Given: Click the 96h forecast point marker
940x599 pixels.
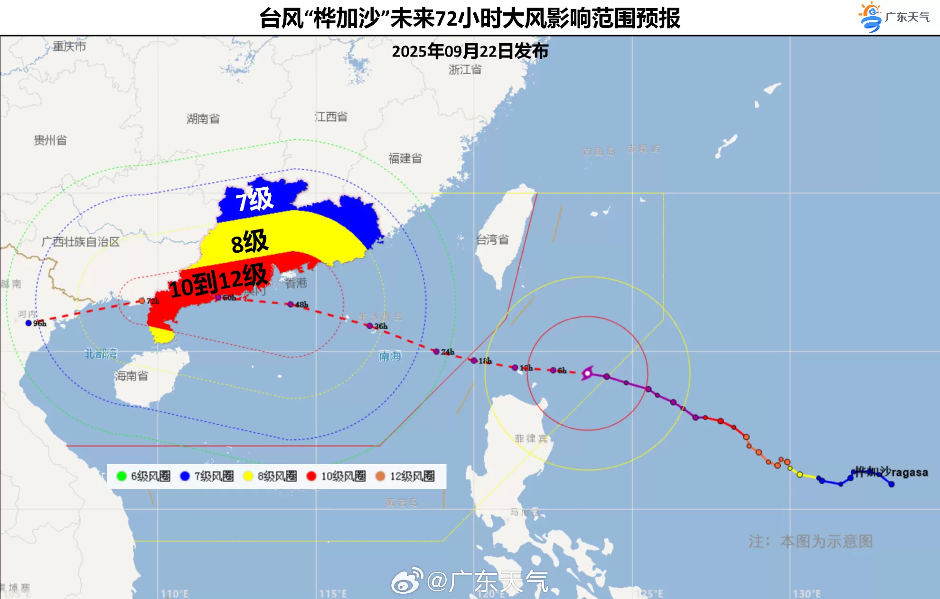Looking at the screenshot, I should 28,323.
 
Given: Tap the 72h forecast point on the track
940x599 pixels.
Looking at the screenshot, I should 141,301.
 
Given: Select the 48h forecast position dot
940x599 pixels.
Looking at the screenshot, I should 291,304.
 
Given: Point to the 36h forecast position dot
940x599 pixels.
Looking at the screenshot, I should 369,326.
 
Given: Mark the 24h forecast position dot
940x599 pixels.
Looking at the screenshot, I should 436,352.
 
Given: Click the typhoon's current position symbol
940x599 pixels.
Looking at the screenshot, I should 587,373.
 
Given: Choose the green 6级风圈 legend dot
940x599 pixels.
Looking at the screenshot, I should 121,476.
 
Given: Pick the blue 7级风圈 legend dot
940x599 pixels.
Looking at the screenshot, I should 185,476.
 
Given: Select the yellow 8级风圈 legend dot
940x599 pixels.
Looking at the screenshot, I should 248,476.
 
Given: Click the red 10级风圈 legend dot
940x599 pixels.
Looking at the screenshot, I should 311,476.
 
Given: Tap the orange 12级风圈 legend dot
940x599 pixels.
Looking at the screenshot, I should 380,476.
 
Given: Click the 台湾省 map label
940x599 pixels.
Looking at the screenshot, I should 492,240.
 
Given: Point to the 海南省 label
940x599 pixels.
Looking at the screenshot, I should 131,376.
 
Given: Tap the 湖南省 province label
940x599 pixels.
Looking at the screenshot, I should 203,119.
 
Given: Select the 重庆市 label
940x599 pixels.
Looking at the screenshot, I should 69,47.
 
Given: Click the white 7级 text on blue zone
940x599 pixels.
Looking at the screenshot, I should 255,199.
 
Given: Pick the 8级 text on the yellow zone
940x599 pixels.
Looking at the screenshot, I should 250,242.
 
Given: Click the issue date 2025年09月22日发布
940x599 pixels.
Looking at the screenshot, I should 470,51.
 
